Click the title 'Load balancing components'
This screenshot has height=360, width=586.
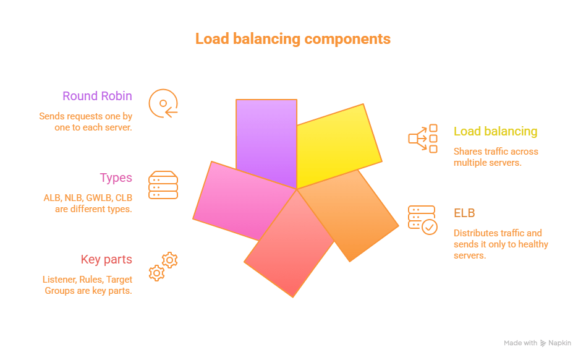(x=293, y=39)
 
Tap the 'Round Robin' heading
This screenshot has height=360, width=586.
(x=97, y=96)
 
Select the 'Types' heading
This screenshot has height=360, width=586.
(x=116, y=178)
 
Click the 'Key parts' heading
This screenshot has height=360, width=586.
(x=106, y=259)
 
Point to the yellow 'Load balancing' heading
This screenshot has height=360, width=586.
(x=495, y=131)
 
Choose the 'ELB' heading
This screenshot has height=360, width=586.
(x=464, y=213)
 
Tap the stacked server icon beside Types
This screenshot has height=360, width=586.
(x=163, y=185)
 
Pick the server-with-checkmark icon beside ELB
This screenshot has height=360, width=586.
(x=423, y=220)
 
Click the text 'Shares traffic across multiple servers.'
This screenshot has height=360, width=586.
(x=496, y=156)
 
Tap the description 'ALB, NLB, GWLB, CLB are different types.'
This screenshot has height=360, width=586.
(x=88, y=204)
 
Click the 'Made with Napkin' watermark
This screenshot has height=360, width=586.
(x=537, y=343)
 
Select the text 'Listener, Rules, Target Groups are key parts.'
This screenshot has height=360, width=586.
(x=87, y=285)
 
